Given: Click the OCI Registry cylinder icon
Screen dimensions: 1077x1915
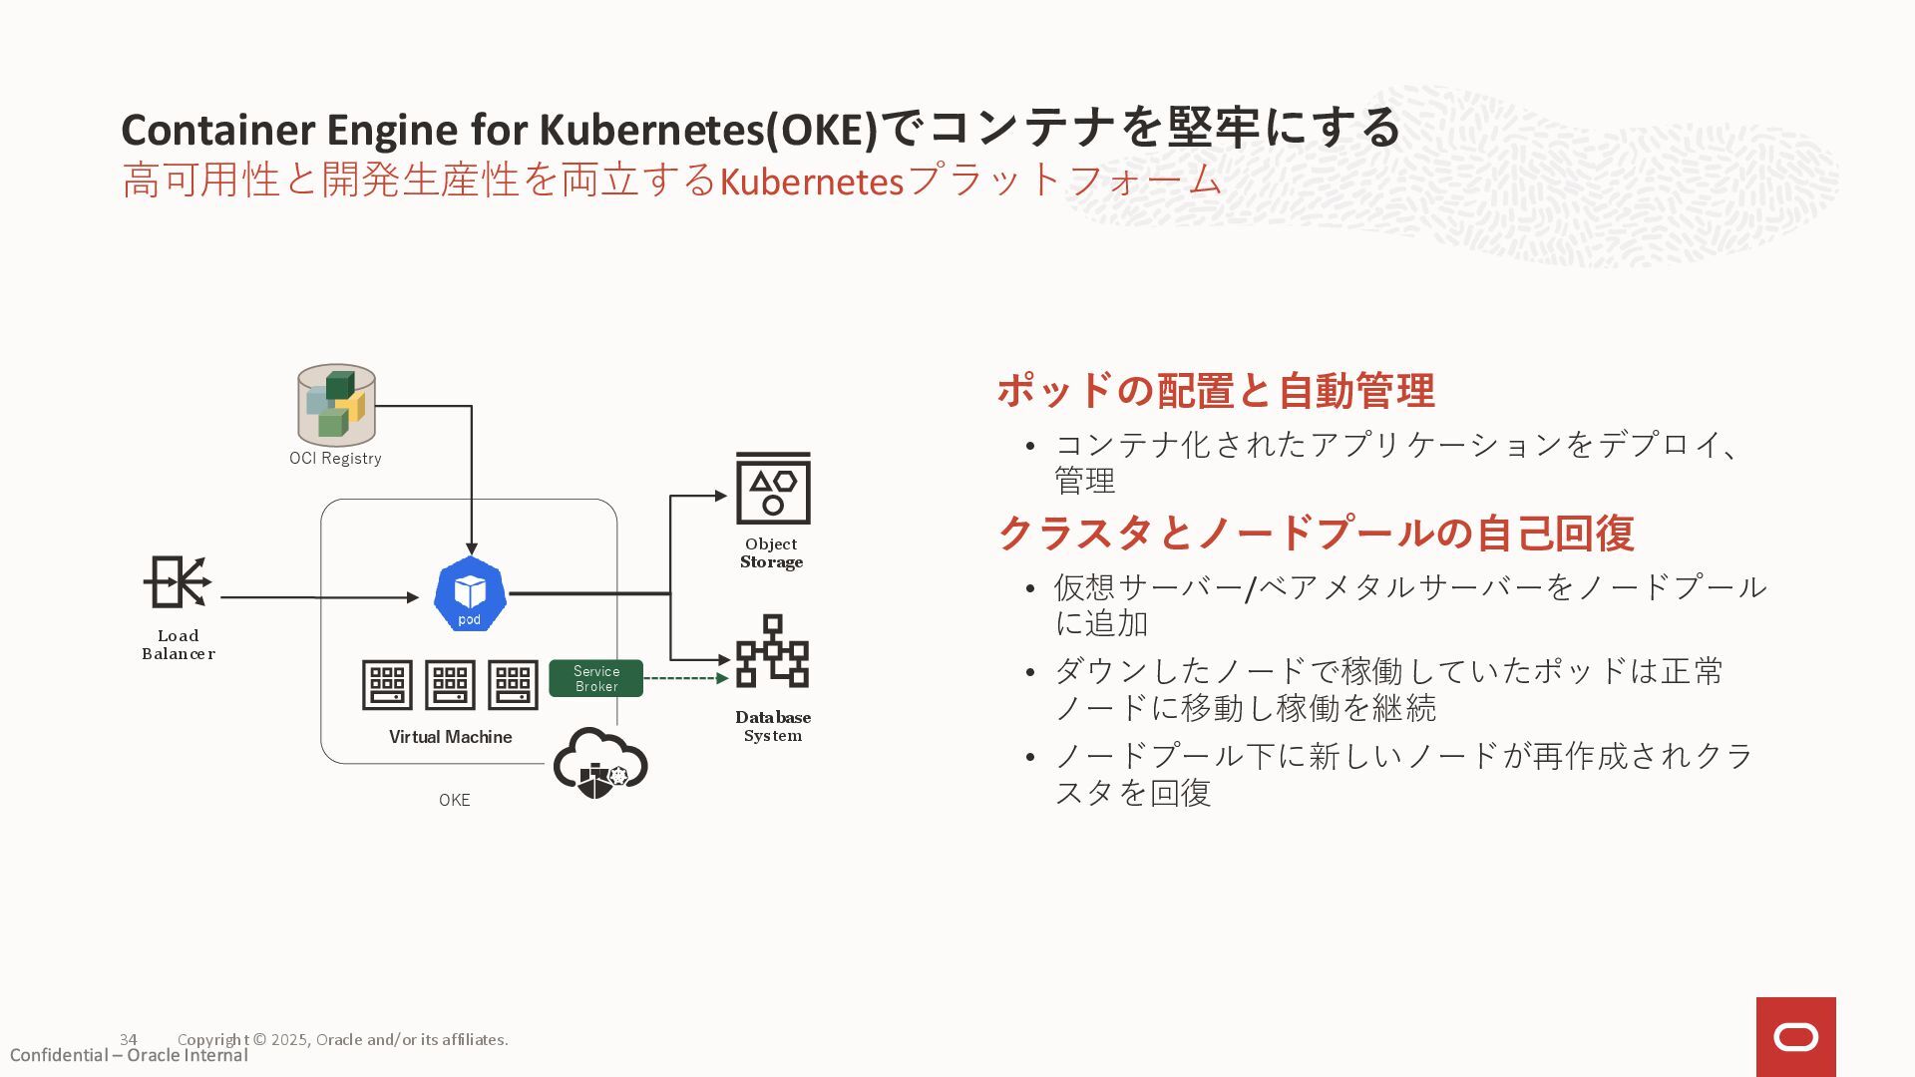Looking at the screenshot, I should coord(336,404).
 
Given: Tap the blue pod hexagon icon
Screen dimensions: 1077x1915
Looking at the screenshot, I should coord(470,594).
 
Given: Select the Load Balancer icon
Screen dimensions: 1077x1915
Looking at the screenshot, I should coord(178,582).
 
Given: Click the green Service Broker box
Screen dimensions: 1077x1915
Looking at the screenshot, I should coord(596,679).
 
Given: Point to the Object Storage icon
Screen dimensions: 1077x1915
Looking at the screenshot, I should coord(773,489).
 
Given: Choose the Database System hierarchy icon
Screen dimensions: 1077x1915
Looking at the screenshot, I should coord(772,651).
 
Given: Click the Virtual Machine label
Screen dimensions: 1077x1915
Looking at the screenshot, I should coord(450,737).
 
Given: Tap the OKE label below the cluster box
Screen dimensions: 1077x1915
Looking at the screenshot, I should coord(454,800).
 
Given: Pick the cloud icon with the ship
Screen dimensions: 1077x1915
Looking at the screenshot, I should coord(600,763).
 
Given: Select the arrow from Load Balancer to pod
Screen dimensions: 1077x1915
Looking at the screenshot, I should coord(319,597).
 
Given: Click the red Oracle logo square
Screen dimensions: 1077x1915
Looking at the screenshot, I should coord(1795,1037).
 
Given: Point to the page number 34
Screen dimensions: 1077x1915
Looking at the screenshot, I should coord(129,1039).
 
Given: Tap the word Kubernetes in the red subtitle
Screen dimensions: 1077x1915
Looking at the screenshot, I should coord(811,181).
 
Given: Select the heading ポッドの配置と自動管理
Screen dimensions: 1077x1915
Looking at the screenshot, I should coord(1216,390).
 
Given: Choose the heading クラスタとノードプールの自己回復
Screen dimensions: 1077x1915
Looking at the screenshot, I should coord(1316,533).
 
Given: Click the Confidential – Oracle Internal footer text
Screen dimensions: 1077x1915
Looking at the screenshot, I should coord(129,1055).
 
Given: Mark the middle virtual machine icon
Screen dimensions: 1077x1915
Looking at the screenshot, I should coord(450,684).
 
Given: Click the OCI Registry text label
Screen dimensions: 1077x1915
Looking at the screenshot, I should coord(335,458).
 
